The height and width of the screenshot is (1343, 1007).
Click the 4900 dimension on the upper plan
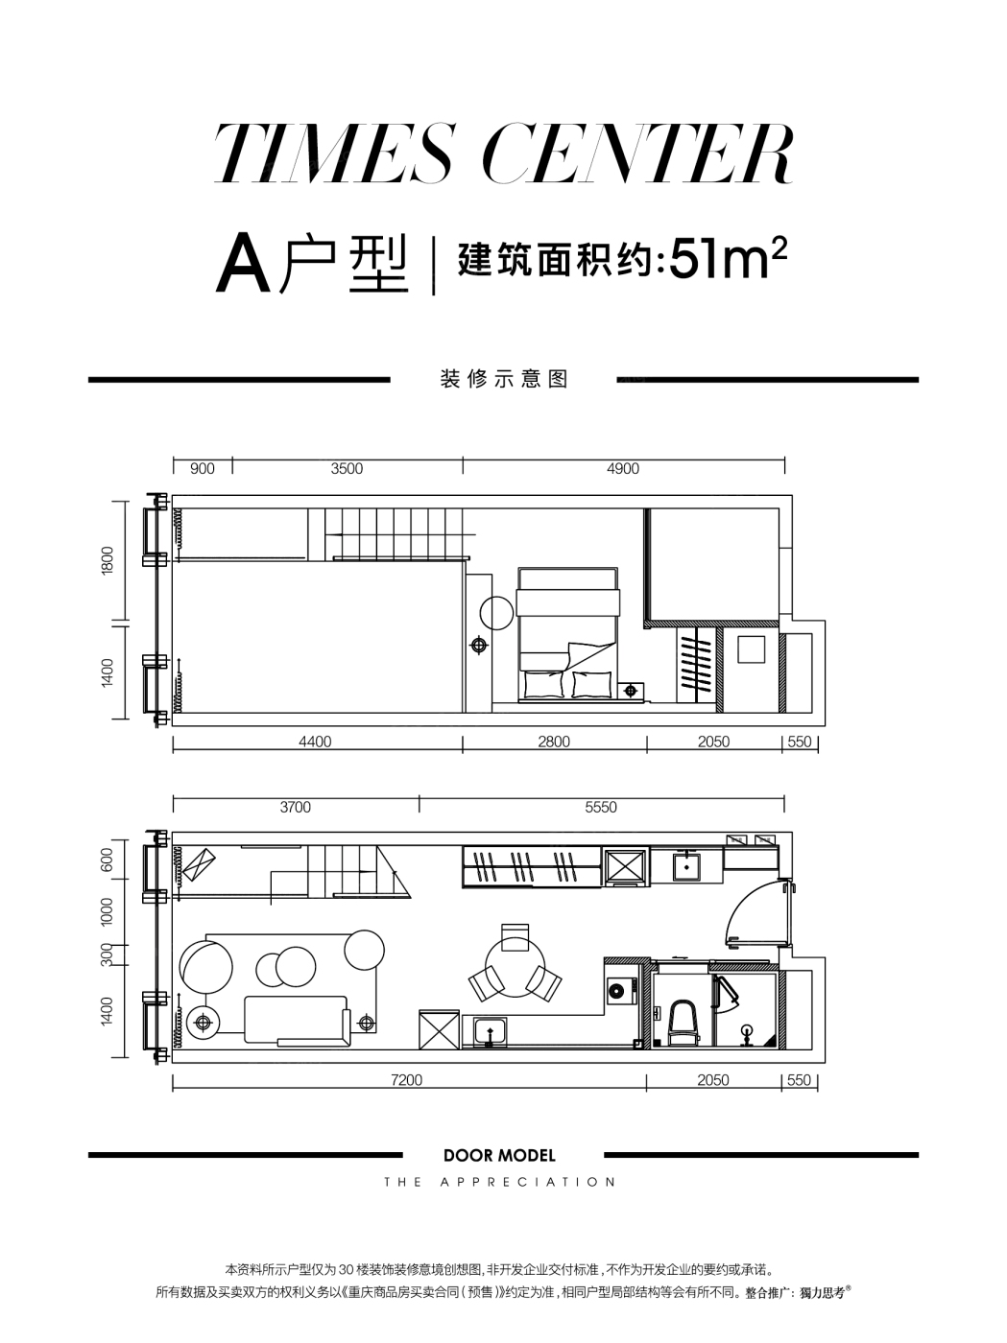(623, 469)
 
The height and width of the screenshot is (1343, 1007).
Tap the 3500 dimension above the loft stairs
(347, 469)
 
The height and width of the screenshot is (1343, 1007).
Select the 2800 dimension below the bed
(553, 742)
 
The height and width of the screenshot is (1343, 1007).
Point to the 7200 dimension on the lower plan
(406, 1080)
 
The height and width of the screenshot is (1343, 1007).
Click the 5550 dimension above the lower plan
(601, 807)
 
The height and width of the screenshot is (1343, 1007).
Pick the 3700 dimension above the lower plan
(295, 807)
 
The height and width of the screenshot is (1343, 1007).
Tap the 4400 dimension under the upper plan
(315, 742)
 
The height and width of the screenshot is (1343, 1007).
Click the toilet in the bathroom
(683, 1022)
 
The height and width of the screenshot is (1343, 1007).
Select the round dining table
(515, 967)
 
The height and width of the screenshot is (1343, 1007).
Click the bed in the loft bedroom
(567, 634)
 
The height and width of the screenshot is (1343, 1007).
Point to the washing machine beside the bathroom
(622, 990)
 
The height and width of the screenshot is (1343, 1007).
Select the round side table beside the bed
(496, 613)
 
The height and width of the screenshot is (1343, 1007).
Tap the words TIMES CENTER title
(503, 153)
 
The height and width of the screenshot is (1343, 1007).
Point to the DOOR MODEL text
(499, 1155)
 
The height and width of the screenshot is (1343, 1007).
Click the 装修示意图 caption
(504, 379)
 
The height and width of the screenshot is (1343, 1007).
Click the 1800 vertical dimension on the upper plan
(108, 560)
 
